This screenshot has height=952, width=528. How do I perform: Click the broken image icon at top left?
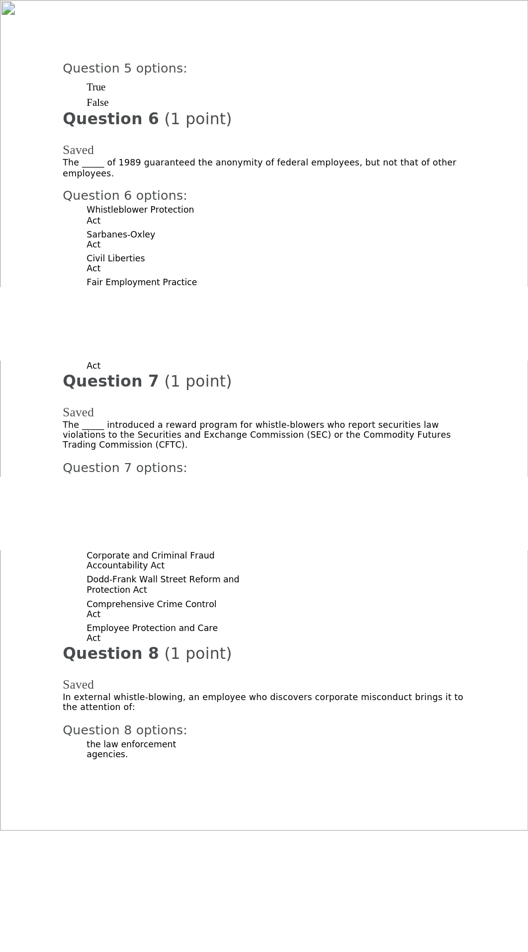(x=8, y=8)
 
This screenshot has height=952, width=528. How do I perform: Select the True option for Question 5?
(x=96, y=87)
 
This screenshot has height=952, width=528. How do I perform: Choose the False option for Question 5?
(x=97, y=103)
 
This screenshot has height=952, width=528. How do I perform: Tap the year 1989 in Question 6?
(x=129, y=162)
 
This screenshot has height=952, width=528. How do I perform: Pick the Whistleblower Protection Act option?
(x=140, y=215)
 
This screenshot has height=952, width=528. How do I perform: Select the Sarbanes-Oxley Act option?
(x=120, y=239)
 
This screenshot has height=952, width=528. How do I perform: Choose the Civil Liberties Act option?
(x=115, y=263)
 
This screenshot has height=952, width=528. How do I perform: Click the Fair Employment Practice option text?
(x=141, y=282)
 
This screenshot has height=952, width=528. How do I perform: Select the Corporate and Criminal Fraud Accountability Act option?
(x=150, y=560)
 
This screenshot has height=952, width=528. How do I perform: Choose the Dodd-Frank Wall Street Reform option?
(x=163, y=584)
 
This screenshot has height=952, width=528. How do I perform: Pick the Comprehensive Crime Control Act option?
(x=151, y=609)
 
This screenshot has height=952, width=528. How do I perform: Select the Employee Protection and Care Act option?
(x=152, y=633)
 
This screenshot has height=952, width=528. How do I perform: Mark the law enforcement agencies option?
(x=131, y=749)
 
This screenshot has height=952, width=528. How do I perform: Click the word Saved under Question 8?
(x=78, y=685)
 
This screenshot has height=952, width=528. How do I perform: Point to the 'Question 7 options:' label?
(x=125, y=468)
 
